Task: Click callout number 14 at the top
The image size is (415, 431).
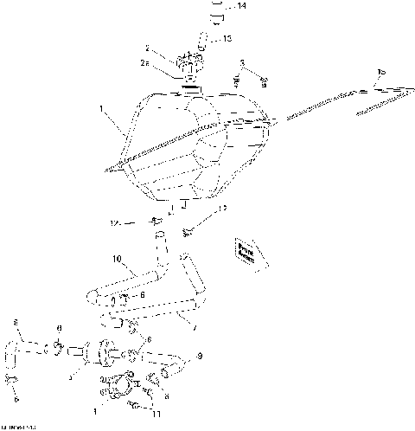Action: point(241,7)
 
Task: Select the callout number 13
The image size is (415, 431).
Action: point(227,38)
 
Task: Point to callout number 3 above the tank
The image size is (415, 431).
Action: point(243,63)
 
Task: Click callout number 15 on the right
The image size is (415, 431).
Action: point(382,71)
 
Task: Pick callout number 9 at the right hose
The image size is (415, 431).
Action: point(201,356)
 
